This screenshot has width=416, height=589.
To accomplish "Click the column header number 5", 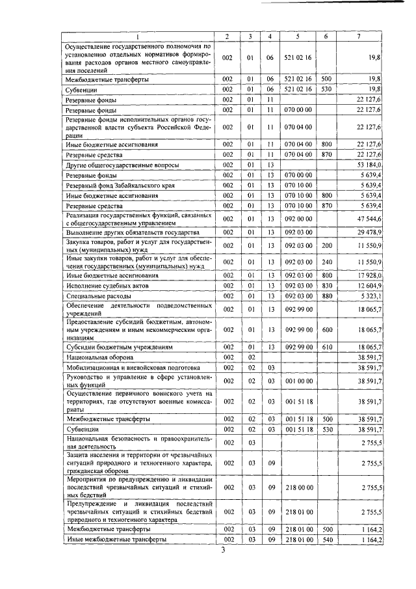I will click(x=296, y=36).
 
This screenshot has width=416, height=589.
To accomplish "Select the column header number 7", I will click(x=359, y=36).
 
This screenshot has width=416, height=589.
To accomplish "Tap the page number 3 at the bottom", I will click(x=222, y=551).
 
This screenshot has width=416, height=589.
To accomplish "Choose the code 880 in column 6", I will click(x=326, y=295).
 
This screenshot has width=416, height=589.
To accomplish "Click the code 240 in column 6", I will click(x=326, y=262).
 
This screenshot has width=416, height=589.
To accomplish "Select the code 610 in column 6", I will click(x=326, y=348).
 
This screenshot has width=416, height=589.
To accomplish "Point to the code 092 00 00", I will click(x=296, y=219).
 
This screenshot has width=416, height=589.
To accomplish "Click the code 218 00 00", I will click(x=296, y=487).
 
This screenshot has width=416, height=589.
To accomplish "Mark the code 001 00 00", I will click(x=296, y=380).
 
